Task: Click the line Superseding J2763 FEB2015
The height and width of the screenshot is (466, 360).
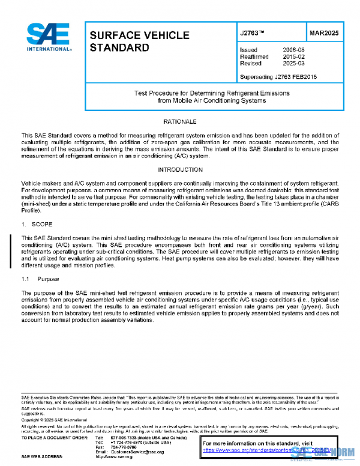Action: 278,77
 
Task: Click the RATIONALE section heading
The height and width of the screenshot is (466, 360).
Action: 181,122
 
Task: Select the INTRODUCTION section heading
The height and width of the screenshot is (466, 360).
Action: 181,171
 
